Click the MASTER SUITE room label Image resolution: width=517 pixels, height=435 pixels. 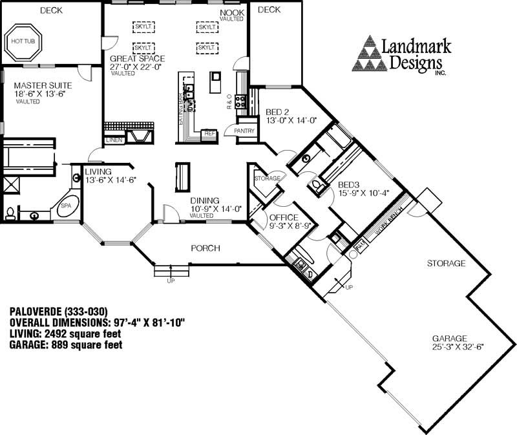pos(43,85)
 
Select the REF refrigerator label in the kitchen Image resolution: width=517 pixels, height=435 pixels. pos(209,133)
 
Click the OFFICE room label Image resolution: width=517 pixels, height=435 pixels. pos(283,217)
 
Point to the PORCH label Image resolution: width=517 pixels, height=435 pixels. pos(206,248)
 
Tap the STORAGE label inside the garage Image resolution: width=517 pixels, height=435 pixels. pos(446,264)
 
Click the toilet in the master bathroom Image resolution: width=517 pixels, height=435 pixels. pos(11,212)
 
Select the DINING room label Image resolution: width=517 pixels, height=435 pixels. pos(205,200)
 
